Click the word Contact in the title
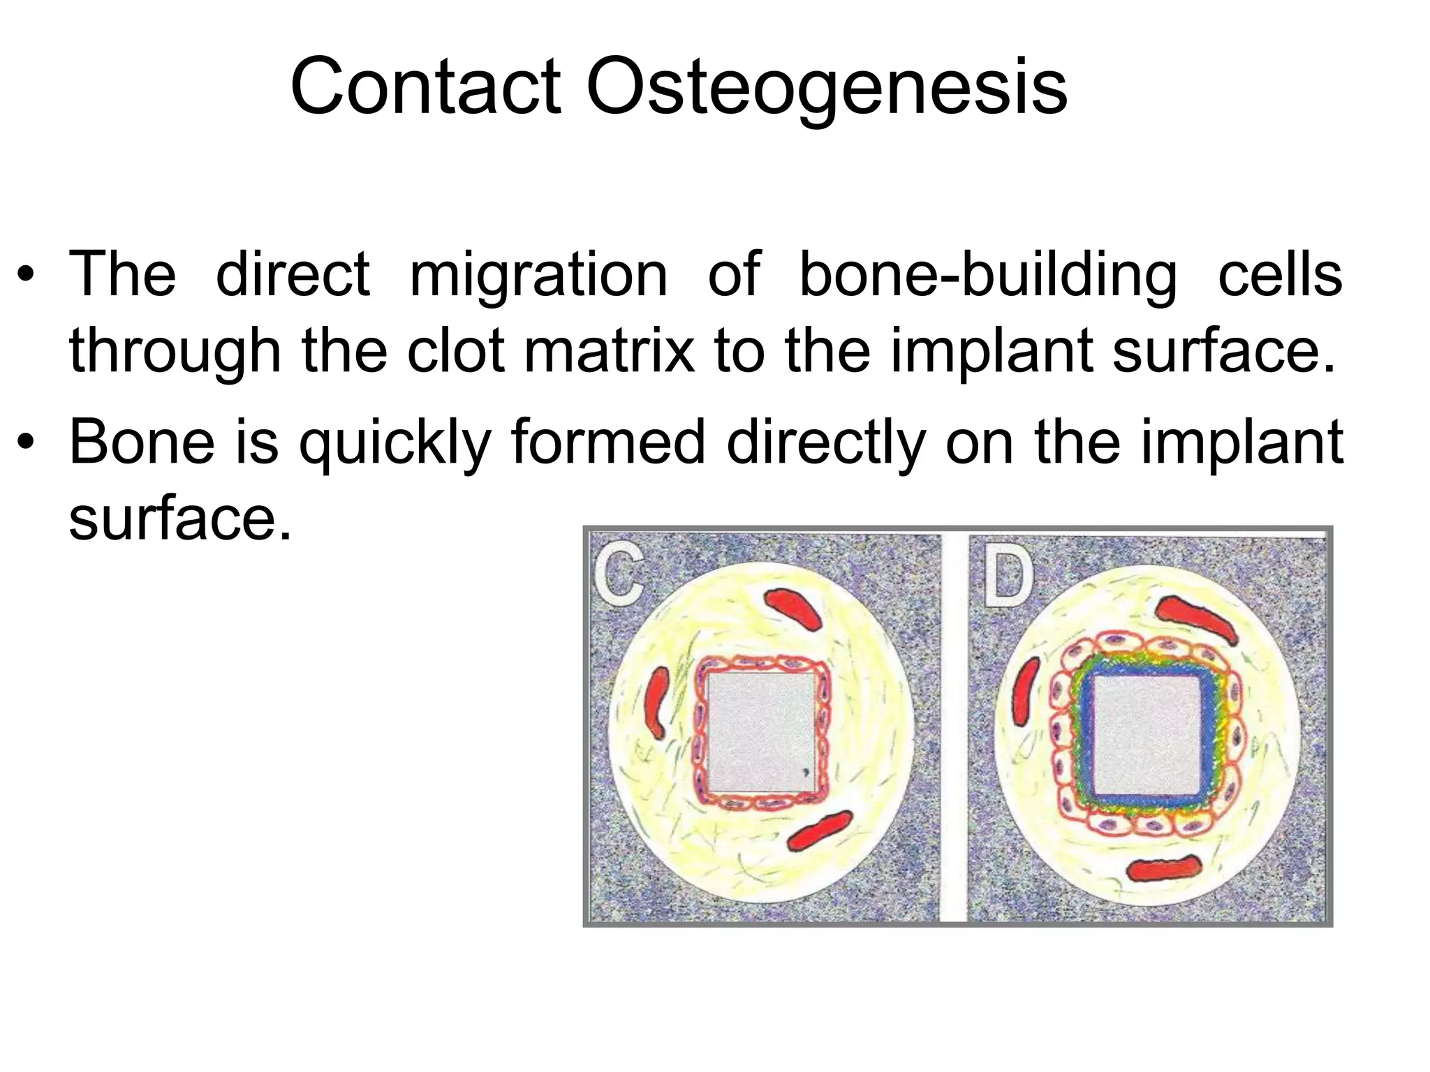pyautogui.click(x=425, y=87)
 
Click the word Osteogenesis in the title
pyautogui.click(x=827, y=87)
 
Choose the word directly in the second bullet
pyautogui.click(x=825, y=442)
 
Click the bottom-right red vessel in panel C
pyautogui.click(x=820, y=830)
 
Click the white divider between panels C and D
pyautogui.click(x=954, y=726)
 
